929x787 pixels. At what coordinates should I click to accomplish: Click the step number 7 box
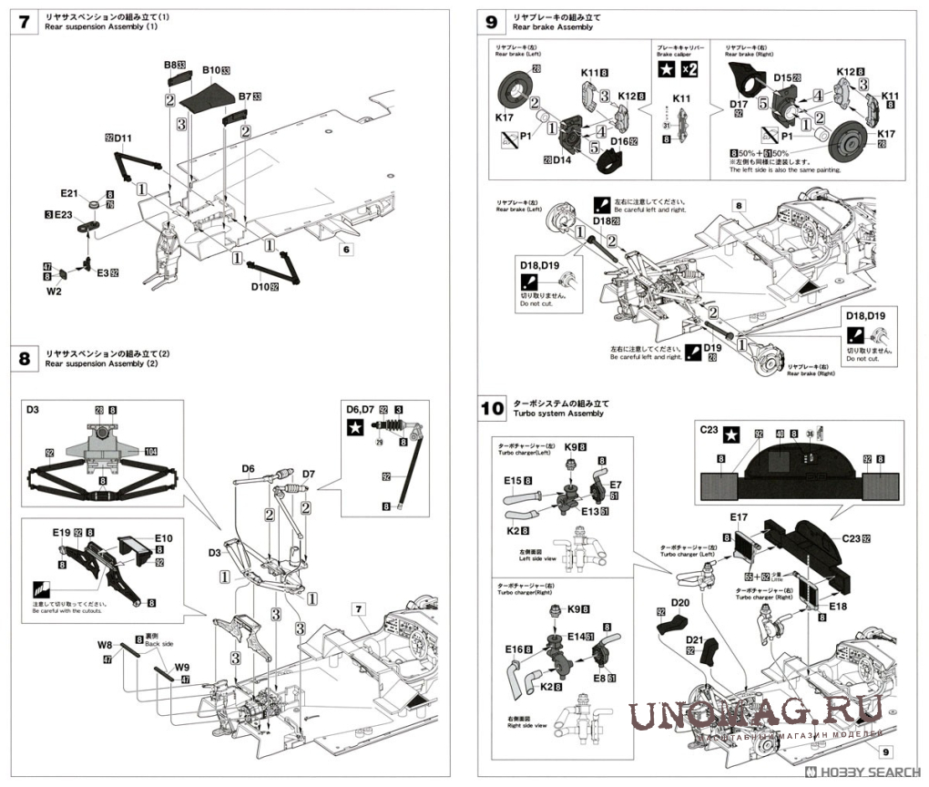[23, 23]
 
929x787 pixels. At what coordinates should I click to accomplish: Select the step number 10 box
[492, 408]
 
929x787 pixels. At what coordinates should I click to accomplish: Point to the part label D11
[123, 138]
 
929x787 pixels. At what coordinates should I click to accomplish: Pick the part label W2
[54, 291]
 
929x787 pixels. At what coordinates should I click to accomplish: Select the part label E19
[61, 533]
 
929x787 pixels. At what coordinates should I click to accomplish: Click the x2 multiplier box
[689, 71]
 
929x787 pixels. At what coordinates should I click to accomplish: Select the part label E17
[738, 517]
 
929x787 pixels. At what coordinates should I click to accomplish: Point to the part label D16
[623, 141]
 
